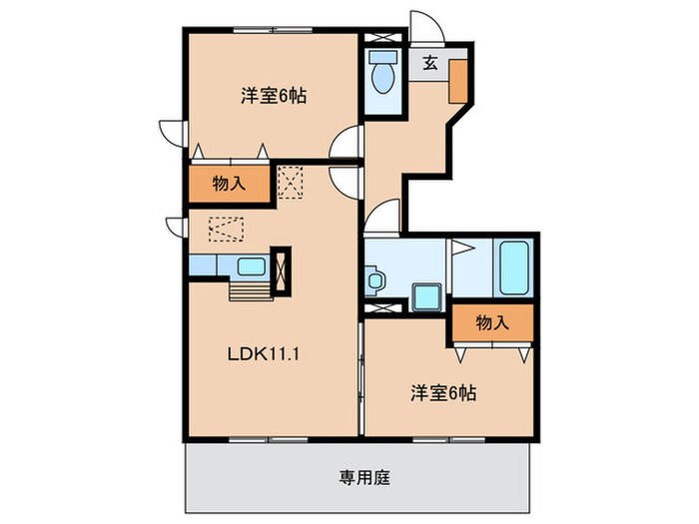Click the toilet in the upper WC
pos(381,77)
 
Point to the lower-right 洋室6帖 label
pos(441,392)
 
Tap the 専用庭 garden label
pos(356,477)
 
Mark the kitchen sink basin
pos(251,266)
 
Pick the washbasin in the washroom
pos(375,279)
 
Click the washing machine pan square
pos(426,296)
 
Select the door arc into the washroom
pos(384,216)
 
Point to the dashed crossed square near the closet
pos(292,182)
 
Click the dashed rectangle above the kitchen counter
pos(226,230)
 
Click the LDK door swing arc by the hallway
pos(345,183)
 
